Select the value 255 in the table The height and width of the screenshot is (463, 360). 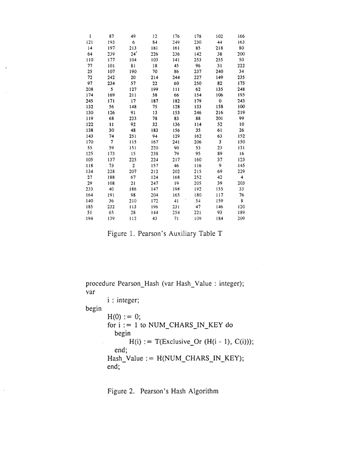(219, 60)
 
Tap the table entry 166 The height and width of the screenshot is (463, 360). (242, 36)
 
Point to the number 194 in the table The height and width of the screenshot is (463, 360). (90, 218)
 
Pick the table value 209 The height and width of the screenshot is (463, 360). (242, 218)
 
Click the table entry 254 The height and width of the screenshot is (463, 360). (176, 213)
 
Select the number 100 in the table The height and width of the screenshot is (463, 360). (242, 107)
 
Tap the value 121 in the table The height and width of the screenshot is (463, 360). (90, 42)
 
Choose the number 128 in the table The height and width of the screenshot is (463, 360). (176, 107)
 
